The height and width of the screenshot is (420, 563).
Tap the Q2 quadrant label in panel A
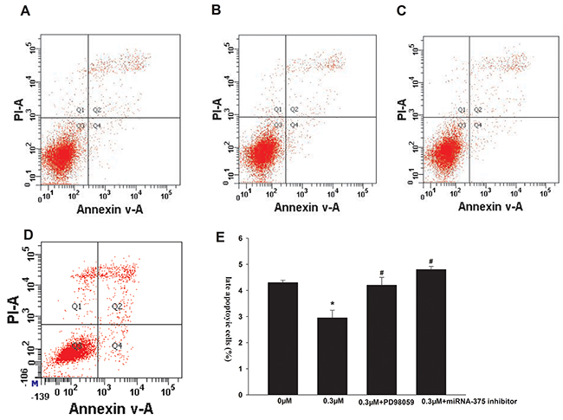[97, 110]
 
